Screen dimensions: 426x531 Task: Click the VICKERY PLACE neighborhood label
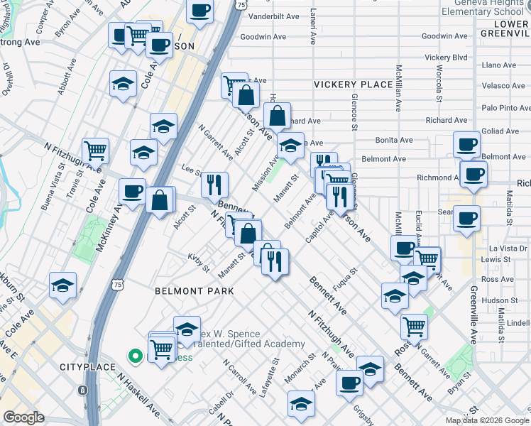click(x=354, y=84)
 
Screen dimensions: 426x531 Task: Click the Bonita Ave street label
click(x=395, y=141)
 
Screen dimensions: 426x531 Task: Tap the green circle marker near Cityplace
click(x=133, y=356)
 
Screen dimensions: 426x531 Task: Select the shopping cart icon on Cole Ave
click(x=95, y=150)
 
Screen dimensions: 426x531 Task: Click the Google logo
click(x=23, y=417)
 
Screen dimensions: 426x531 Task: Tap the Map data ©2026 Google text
click(x=486, y=420)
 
